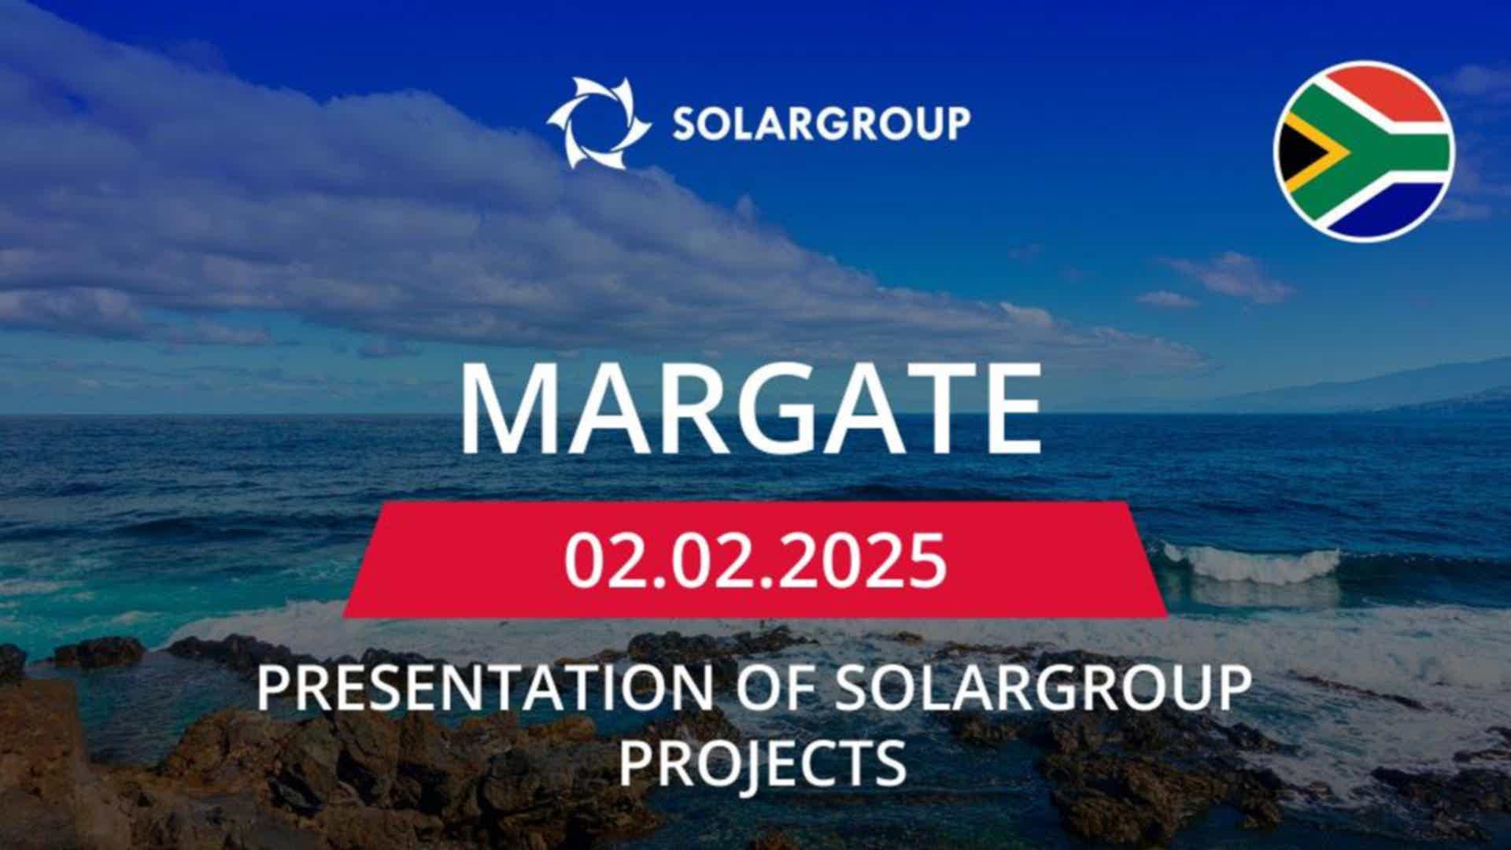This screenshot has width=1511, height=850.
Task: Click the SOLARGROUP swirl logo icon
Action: click(599, 123)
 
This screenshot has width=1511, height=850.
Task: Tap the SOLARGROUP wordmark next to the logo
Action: click(821, 124)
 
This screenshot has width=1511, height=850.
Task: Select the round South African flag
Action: click(1364, 150)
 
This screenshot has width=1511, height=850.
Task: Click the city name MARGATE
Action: click(751, 409)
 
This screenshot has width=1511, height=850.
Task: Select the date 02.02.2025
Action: click(755, 560)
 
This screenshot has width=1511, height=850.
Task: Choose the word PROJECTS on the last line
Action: click(762, 762)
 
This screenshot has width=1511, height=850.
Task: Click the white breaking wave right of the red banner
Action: click(1251, 562)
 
